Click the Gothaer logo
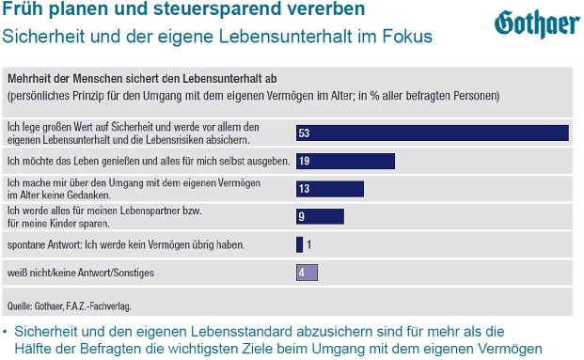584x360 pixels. click(537, 23)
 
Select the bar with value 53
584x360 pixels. click(433, 133)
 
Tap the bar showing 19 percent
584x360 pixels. click(346, 161)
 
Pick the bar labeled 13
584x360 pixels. click(330, 189)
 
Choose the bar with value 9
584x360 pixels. click(321, 216)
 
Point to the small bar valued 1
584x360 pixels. click(299, 244)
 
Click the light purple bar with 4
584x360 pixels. click(307, 273)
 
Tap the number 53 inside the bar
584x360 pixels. click(304, 133)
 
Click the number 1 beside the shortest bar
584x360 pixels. click(308, 244)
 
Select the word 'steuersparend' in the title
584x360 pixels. click(217, 8)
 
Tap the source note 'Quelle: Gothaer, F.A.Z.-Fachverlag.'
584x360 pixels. click(70, 306)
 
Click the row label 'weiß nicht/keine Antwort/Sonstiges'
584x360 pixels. click(81, 273)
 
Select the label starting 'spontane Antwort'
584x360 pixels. click(126, 245)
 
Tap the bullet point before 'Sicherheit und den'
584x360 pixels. click(5, 332)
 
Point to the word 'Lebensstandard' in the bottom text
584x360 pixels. click(240, 332)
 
